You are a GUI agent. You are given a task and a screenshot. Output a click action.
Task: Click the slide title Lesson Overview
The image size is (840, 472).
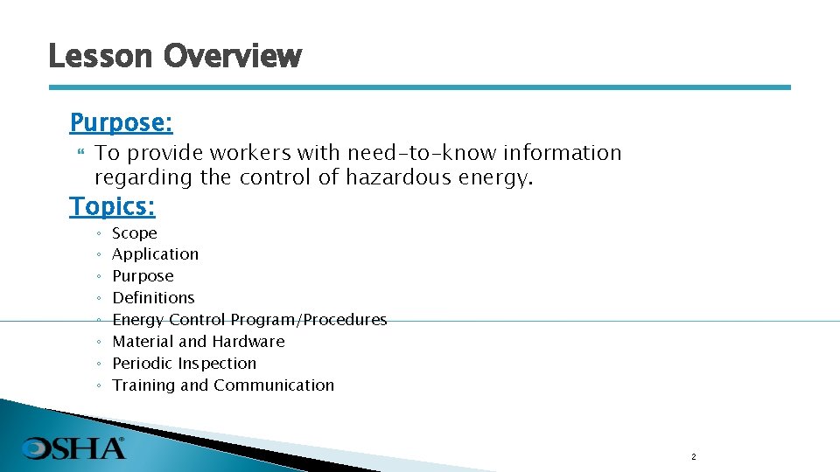(175, 57)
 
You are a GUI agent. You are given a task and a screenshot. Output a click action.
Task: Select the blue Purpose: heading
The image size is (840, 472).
(121, 121)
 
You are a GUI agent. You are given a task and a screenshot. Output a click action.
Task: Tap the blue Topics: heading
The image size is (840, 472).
(112, 206)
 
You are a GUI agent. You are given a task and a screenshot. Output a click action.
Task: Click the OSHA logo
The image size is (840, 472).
(74, 448)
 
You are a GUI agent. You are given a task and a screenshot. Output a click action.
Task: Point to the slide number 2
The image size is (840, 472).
(693, 457)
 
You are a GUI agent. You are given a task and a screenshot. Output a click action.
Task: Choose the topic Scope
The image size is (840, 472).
(135, 233)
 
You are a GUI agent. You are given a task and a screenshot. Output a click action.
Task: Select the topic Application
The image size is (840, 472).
(156, 254)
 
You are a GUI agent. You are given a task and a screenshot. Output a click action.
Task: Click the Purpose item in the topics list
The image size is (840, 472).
(143, 276)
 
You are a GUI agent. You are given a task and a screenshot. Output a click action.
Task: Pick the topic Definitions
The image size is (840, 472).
(153, 298)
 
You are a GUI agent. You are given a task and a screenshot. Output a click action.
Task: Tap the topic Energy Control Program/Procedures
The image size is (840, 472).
(249, 320)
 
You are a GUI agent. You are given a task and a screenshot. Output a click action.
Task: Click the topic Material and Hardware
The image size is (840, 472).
(199, 342)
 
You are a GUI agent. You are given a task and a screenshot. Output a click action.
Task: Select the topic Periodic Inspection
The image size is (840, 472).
(185, 364)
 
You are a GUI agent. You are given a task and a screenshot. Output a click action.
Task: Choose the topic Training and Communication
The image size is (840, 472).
(223, 385)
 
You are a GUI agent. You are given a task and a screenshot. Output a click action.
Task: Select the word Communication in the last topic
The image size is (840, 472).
(274, 385)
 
